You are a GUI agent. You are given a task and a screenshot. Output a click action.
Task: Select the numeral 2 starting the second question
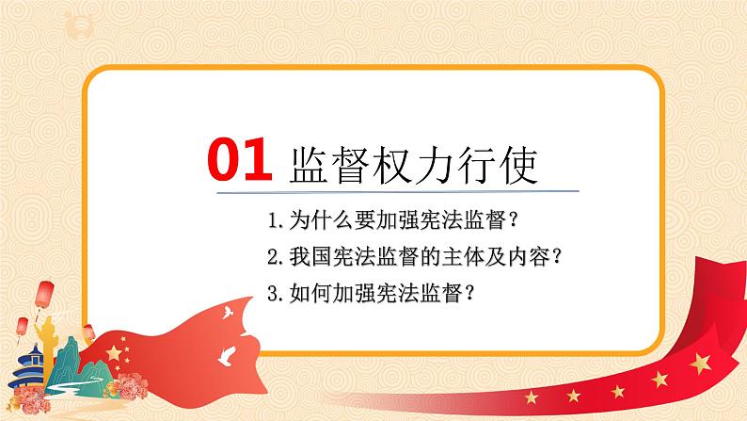point(272,257)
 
